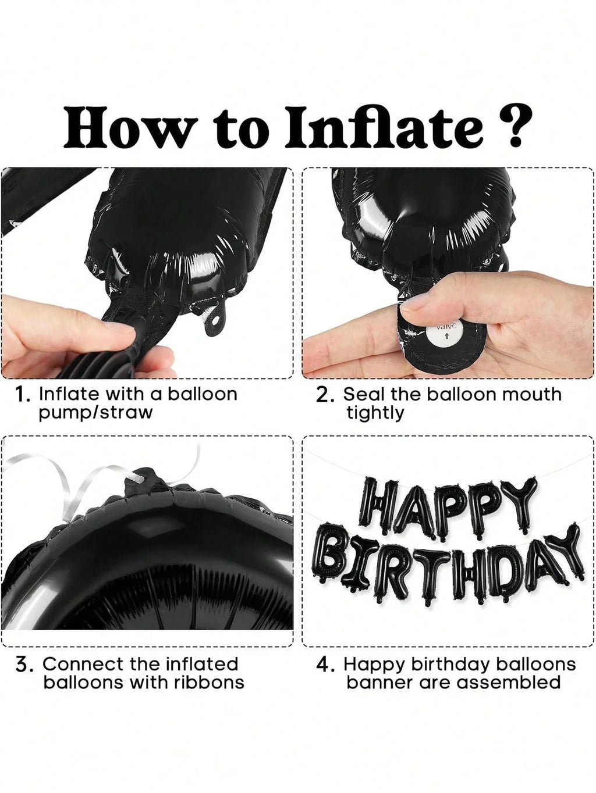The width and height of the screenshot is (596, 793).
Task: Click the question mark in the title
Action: click(509, 126)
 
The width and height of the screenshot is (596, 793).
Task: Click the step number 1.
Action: click(22, 395)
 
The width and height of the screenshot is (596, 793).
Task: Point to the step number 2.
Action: click(325, 395)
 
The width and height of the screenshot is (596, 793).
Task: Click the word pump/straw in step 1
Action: click(95, 413)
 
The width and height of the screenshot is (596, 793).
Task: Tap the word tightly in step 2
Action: click(375, 413)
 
